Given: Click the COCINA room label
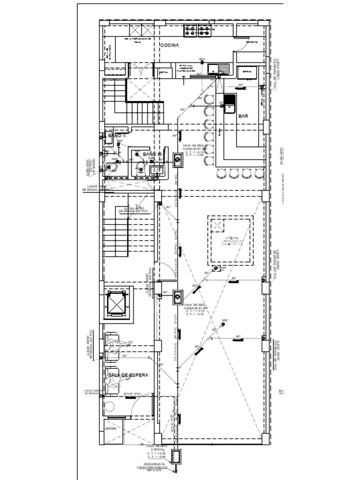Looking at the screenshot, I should point(170,45).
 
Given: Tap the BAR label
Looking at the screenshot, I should point(243,116).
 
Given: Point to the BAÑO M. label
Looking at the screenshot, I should point(152,154).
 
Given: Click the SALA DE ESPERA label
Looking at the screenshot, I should point(128,375).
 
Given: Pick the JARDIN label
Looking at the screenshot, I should point(110,428).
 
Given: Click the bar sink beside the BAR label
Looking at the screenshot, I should point(229,104).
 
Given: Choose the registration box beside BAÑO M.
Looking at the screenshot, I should point(178,160).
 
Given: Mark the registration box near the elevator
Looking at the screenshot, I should point(178,297).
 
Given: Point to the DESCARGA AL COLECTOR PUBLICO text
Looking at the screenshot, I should point(152,467).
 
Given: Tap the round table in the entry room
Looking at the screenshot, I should point(110,406).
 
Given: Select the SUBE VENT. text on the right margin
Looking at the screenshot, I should point(282,156).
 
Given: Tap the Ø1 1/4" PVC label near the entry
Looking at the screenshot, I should point(133,393).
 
